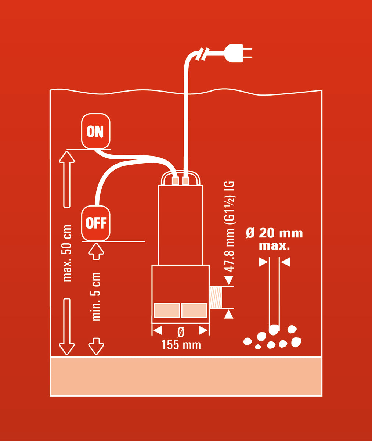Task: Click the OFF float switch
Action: pyautogui.click(x=96, y=223)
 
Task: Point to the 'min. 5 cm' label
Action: pyautogui.click(x=96, y=297)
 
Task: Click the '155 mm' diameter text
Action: pyautogui.click(x=181, y=345)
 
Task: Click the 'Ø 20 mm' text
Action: pyautogui.click(x=274, y=233)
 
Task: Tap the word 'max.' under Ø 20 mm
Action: pyautogui.click(x=274, y=246)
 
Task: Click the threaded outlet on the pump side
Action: pyautogui.click(x=216, y=297)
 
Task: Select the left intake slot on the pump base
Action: pyautogui.click(x=167, y=311)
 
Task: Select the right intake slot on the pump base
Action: pyautogui.click(x=194, y=311)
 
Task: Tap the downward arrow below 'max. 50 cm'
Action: pyautogui.click(x=67, y=327)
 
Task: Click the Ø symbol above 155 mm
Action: pyautogui.click(x=181, y=332)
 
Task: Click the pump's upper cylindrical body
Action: pyautogui.click(x=180, y=224)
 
